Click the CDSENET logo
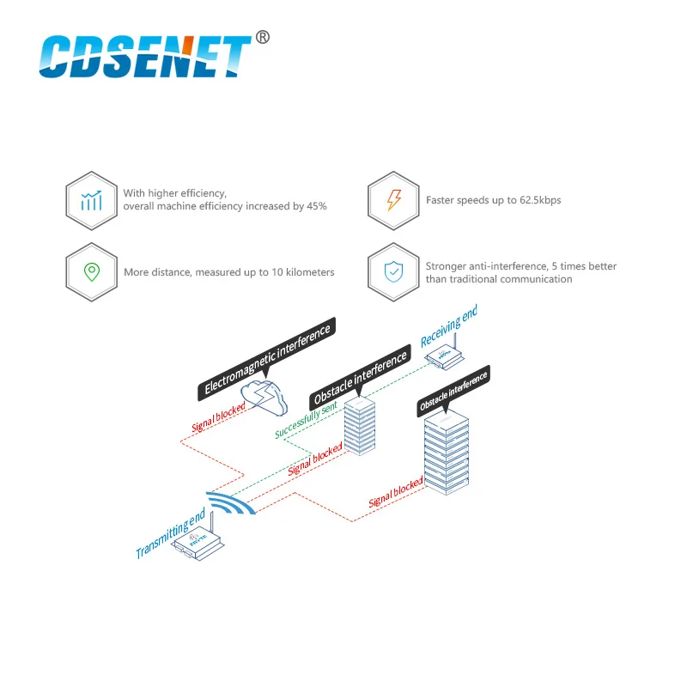(146, 57)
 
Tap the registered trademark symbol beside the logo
(264, 37)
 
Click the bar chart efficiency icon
(91, 200)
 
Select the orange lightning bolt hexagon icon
(393, 200)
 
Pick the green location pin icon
(91, 272)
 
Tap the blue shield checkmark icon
(393, 272)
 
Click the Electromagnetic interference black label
(266, 358)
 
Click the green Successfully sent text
(307, 418)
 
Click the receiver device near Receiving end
(446, 356)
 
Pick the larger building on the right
(447, 456)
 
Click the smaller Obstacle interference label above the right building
(453, 391)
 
